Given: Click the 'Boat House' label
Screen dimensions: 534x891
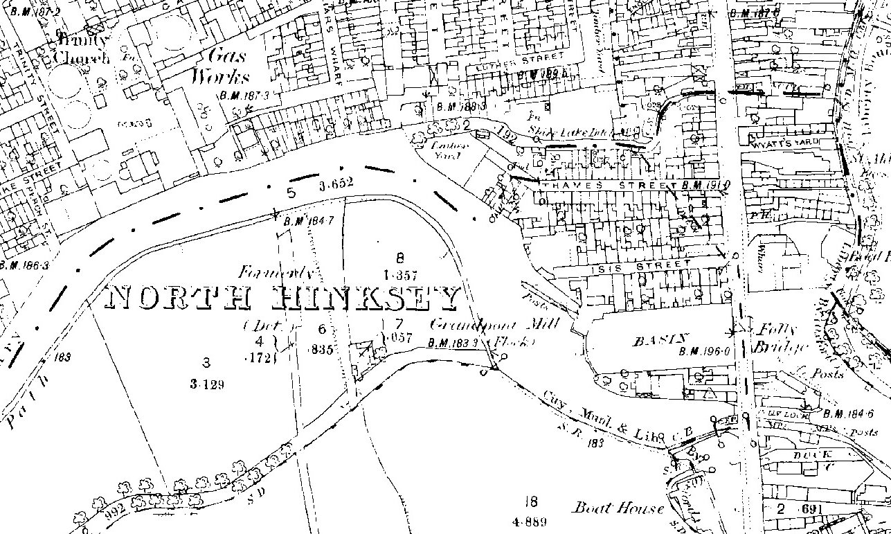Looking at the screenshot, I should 618,508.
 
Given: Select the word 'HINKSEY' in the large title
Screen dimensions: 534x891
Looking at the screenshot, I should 366,299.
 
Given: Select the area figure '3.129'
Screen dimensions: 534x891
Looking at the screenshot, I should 206,382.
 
